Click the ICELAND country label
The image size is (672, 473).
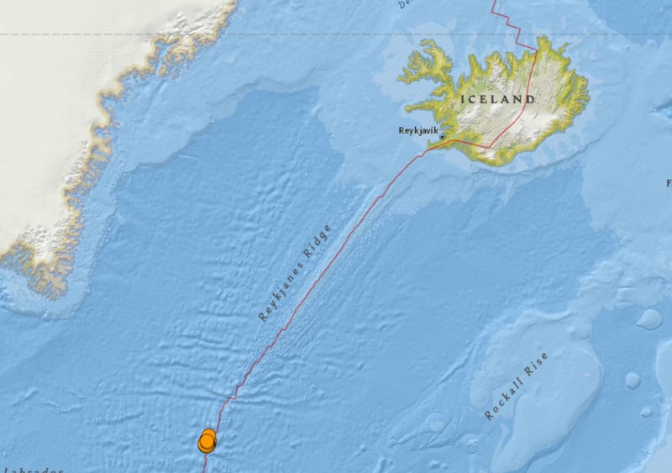click(497, 99)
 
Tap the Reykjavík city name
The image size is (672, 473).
click(418, 131)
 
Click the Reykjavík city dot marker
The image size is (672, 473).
click(441, 138)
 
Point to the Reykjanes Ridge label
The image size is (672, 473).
click(295, 272)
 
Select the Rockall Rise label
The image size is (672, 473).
click(517, 386)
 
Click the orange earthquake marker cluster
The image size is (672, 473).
click(207, 441)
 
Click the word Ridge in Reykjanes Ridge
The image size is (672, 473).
click(318, 241)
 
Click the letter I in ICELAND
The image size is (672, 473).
click(462, 99)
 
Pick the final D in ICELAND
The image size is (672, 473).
click(531, 99)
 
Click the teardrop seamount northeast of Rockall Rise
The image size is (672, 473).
click(648, 319)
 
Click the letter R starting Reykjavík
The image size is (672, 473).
click(401, 131)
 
